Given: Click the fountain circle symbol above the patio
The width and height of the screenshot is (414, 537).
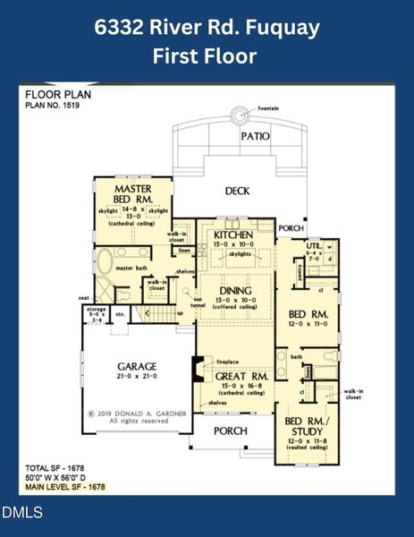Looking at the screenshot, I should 240,115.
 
